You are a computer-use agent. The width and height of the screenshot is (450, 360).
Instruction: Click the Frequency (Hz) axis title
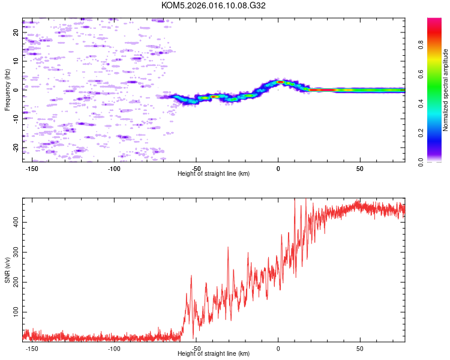coord(7,90)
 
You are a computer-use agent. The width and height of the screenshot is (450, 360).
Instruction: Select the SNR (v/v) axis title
coord(7,270)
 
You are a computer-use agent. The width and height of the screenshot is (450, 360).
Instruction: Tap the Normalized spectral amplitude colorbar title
coord(446,90)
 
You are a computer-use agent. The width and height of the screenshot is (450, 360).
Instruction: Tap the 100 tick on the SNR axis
coord(14,312)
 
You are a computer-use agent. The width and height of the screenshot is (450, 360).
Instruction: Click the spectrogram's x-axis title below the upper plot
coord(214,174)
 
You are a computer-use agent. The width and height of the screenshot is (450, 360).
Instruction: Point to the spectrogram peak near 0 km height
coord(280,82)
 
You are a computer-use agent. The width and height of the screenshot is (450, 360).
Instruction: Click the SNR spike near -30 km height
coord(228,247)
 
